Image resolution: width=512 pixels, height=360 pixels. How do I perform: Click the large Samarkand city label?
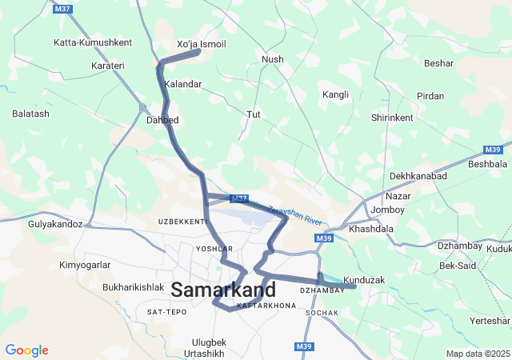(223, 290)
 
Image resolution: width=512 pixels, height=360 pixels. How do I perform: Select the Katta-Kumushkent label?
(92, 42)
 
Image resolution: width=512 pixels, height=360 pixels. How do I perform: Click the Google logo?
(26, 350)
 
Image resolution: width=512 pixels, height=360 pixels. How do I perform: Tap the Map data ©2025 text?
(477, 354)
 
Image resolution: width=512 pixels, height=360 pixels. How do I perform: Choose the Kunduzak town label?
(364, 281)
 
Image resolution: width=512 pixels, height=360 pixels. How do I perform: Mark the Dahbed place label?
(162, 120)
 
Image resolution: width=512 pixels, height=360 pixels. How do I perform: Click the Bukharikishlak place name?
(133, 286)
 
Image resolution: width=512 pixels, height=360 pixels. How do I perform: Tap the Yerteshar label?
(490, 321)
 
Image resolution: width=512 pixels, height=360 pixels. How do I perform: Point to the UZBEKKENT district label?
(182, 221)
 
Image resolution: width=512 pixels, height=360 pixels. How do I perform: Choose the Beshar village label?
(438, 62)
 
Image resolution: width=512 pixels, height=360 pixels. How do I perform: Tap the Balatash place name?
(30, 114)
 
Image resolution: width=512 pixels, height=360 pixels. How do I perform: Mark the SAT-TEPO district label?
(166, 311)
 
